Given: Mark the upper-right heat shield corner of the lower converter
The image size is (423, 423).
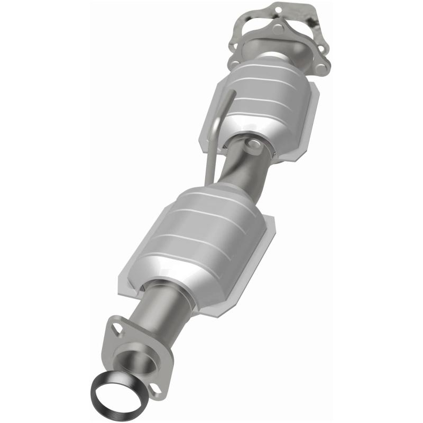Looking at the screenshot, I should click(270, 223).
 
